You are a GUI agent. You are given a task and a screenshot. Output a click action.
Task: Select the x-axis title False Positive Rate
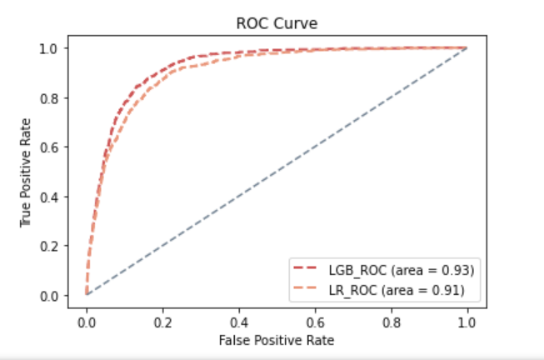coord(276,341)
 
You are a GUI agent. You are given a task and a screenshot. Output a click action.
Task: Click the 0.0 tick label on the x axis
coord(87,321)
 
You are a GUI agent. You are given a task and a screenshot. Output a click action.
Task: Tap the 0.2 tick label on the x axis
coord(162,321)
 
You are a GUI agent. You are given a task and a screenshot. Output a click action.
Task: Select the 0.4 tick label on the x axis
coord(238,321)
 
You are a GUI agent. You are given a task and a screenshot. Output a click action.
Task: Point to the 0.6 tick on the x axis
coord(314,321)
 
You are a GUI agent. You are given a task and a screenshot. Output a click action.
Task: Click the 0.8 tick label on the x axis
coord(391,321)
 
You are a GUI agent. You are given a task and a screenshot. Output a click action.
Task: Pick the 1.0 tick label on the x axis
coord(467,321)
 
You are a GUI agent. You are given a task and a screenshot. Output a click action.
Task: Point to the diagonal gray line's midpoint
coord(277,171)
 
